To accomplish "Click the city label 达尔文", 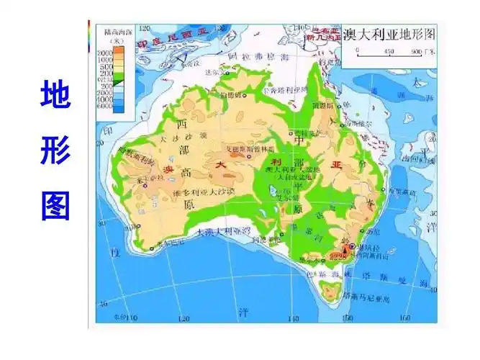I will pyautogui.click(x=213, y=73).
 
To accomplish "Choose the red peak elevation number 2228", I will pyautogui.click(x=337, y=253).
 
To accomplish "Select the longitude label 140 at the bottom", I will pyautogui.click(x=296, y=316).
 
